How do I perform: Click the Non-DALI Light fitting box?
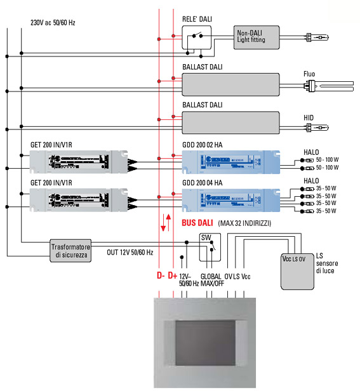[259, 36]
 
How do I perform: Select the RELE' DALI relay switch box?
[196, 39]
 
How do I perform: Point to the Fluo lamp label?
[309, 74]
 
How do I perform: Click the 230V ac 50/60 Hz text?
[53, 23]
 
